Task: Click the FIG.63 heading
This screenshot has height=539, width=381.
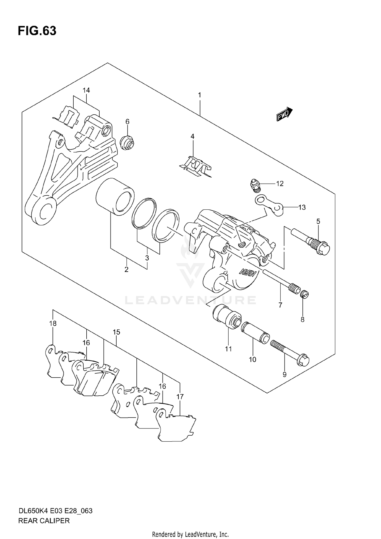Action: point(37,31)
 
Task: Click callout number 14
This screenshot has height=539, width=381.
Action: point(86,90)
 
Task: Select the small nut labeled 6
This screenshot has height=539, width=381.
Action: point(128,143)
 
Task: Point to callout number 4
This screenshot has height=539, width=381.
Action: point(193,136)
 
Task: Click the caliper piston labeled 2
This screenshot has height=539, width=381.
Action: point(115,197)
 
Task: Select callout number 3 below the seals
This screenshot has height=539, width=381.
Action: point(147,258)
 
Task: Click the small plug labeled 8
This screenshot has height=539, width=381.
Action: point(305,295)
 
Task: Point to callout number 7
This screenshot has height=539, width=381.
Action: point(280,305)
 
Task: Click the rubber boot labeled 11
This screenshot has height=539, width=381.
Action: point(227,317)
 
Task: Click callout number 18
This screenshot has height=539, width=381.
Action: point(53,324)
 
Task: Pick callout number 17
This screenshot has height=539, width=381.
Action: point(180,396)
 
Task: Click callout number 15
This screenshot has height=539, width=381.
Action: point(116,332)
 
